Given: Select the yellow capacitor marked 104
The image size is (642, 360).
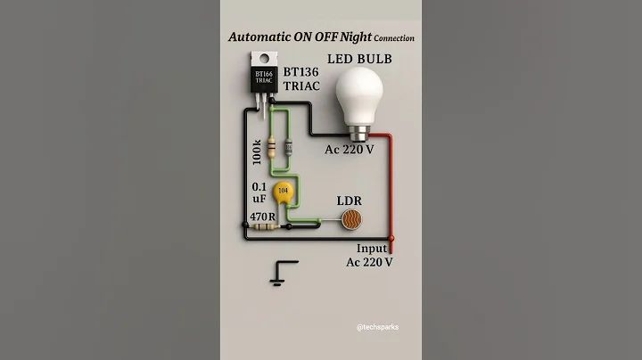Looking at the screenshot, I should coord(284,191).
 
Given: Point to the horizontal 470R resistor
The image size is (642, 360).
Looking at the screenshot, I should coord(265,227).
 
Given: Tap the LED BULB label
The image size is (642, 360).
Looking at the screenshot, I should coord(360,59).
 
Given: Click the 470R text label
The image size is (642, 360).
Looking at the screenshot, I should coord(260,215).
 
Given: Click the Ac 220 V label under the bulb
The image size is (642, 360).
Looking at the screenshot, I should coord(349,150).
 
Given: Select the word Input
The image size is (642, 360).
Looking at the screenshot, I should coord(372,248).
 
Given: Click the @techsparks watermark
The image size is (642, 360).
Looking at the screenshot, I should coord(376,327).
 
